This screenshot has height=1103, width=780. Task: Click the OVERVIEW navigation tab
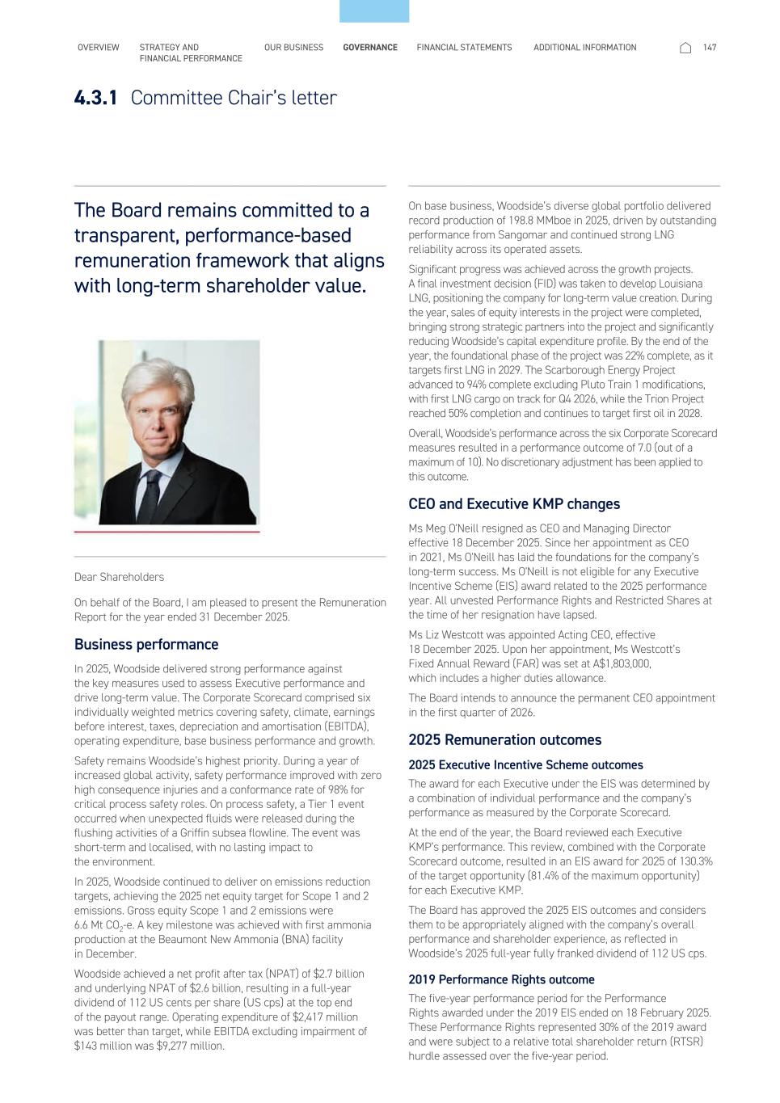(98, 48)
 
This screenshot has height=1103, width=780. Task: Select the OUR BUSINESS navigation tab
(293, 48)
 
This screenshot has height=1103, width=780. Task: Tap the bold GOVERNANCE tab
(370, 48)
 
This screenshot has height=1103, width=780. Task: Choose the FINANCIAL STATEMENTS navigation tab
(464, 48)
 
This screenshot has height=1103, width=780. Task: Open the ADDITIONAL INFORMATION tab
(584, 48)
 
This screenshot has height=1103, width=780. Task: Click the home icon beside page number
(685, 48)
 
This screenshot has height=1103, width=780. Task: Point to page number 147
(710, 48)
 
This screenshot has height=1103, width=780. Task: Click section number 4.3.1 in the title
(95, 98)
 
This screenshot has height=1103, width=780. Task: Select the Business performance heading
(146, 644)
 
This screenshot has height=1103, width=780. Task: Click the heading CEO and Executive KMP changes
(514, 504)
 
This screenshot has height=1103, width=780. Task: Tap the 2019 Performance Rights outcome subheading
(501, 979)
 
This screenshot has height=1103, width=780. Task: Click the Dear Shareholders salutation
(119, 577)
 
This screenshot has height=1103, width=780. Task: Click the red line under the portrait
(167, 533)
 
